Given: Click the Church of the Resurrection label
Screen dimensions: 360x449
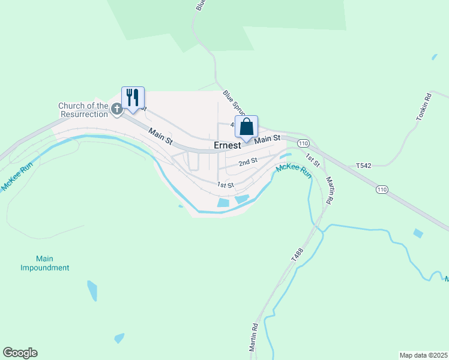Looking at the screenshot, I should point(83,110).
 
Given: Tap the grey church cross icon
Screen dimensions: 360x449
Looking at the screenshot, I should point(116,109).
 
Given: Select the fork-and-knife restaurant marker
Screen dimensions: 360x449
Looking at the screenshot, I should point(133,97).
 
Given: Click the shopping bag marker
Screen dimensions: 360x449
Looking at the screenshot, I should point(246,127).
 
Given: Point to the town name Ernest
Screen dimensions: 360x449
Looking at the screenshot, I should point(228,145).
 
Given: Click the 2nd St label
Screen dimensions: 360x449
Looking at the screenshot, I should point(247,161).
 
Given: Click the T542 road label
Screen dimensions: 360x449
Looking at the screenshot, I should point(364,165).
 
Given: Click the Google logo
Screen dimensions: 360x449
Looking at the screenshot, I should point(20,353).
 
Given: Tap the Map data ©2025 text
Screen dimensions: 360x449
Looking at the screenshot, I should point(423,355).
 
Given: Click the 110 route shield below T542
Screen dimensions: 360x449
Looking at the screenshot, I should point(382,189).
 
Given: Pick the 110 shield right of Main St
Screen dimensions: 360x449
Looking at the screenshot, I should point(303,143).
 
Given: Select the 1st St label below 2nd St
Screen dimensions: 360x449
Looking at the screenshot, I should point(225,185).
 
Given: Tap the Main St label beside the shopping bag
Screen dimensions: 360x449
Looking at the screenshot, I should point(267,139).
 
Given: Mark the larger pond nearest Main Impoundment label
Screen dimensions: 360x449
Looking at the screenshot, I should point(92,290).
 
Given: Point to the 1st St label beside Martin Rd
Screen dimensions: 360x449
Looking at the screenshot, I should point(312,160).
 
